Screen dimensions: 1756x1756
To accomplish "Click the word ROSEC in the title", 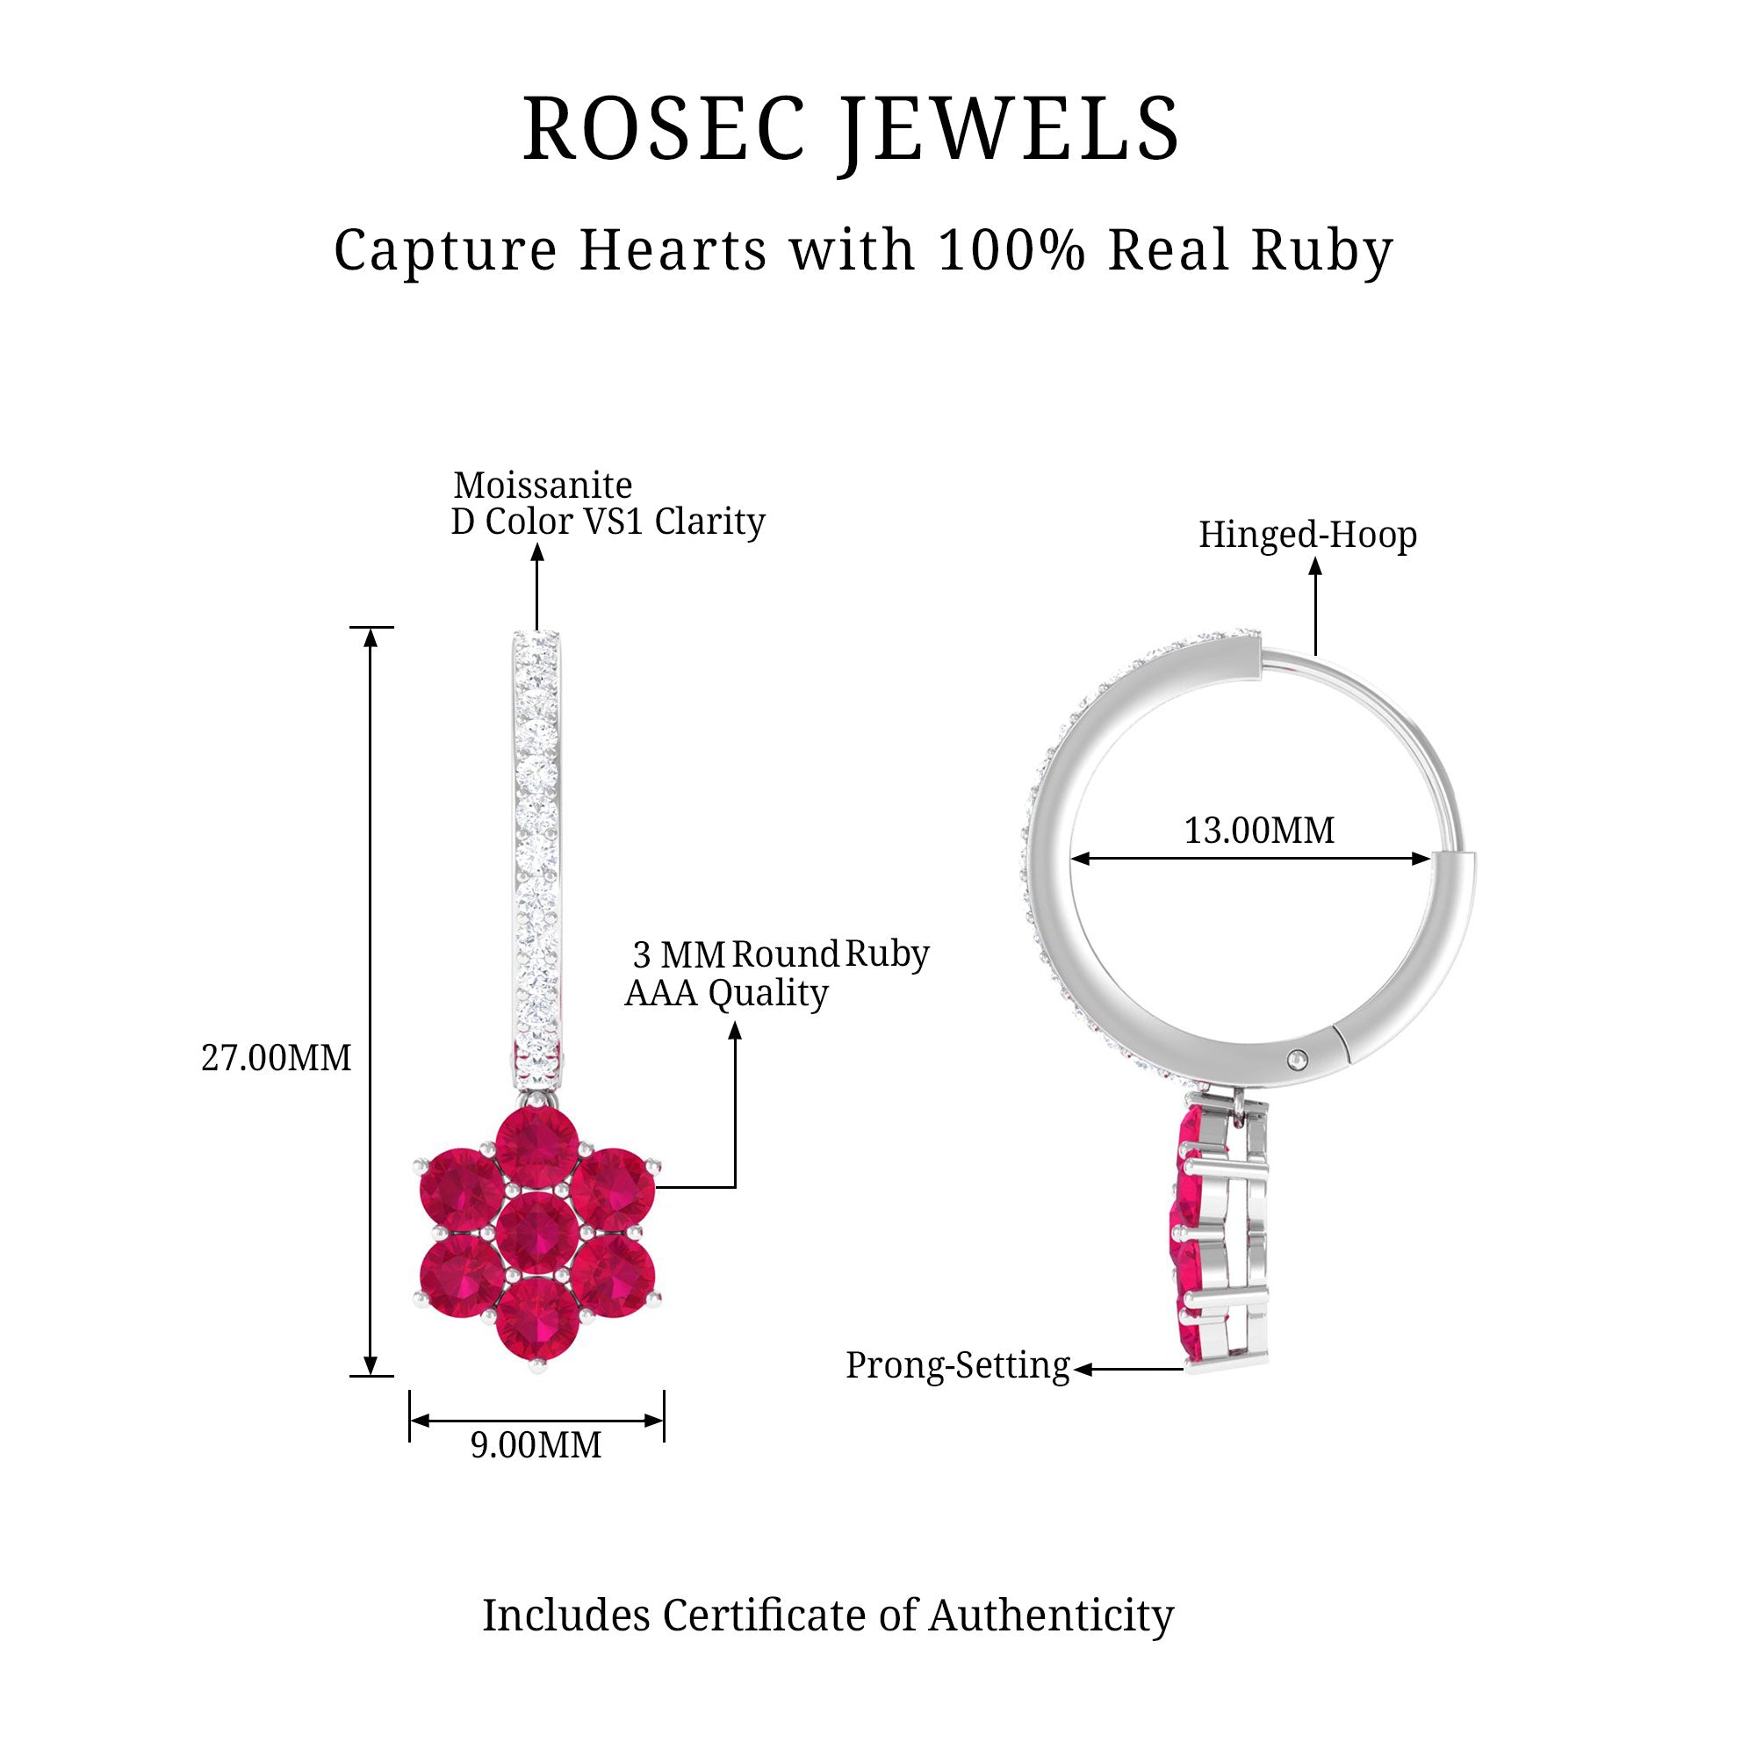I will (x=665, y=129).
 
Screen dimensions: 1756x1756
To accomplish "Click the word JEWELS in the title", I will (x=1010, y=129).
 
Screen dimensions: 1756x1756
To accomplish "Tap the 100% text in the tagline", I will (x=1011, y=250).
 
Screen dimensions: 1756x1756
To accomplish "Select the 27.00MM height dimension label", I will (x=276, y=1059).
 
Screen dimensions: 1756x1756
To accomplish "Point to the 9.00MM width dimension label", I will (x=536, y=1445).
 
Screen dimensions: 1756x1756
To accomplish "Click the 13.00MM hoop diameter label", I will (x=1259, y=831).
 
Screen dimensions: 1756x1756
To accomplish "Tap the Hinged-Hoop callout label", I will (x=1307, y=535).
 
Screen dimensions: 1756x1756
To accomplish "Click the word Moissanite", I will (x=543, y=486).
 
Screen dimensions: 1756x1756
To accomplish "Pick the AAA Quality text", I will (x=726, y=993).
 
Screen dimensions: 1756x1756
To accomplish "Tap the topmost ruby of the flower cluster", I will (x=537, y=1148).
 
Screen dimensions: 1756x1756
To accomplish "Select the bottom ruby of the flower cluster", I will (x=537, y=1318).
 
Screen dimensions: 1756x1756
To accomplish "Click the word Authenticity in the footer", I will (x=1051, y=1616).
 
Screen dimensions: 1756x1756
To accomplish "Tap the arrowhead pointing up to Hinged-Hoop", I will (x=1315, y=566).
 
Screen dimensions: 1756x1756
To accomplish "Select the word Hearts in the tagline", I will (x=673, y=250).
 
